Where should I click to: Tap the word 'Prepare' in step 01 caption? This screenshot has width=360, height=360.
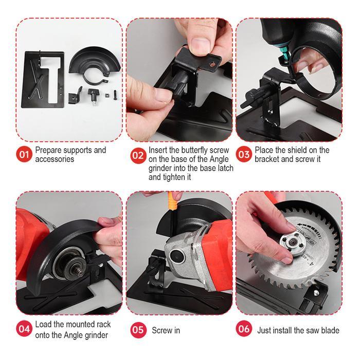[x=50, y=150]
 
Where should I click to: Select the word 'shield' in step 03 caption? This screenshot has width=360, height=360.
[x=301, y=150]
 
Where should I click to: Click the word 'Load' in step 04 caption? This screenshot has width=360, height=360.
[x=44, y=325]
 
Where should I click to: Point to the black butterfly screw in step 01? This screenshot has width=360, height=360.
[x=94, y=96]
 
